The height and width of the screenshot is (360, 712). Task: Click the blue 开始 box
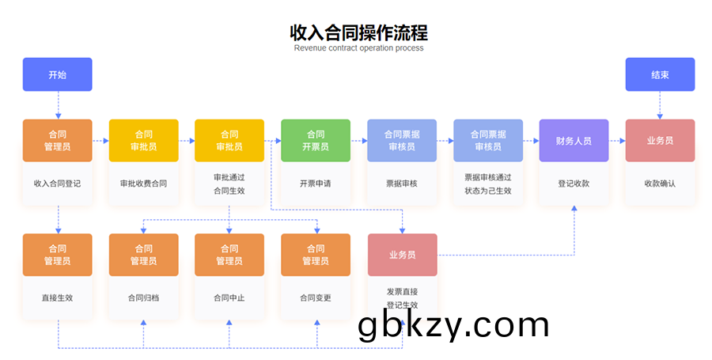coord(58,74)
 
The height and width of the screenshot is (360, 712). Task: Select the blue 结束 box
coord(660,74)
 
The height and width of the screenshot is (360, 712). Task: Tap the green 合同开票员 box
coord(316,140)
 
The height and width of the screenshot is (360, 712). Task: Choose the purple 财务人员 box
coord(574,140)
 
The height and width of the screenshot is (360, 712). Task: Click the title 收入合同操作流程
coord(358,32)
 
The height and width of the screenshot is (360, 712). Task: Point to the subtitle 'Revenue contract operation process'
coord(358,48)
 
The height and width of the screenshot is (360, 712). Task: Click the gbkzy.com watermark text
coord(453,325)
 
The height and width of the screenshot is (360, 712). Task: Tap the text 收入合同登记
coord(58,184)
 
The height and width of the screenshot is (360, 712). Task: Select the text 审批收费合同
coord(143,184)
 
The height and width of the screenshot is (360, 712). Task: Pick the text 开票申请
coord(316,184)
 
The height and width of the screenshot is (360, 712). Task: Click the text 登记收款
coord(574,184)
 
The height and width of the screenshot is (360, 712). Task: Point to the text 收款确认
coord(660,184)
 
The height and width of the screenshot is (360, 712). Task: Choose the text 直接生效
coord(58,298)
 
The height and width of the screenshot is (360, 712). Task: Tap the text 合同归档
coord(143,298)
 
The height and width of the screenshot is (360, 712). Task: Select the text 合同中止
coord(229,298)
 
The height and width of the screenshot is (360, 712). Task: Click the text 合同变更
coord(316,298)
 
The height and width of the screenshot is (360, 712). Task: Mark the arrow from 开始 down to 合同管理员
coord(58,104)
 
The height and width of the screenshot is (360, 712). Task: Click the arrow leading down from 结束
coord(660,104)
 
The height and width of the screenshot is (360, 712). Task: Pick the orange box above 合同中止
coord(229,255)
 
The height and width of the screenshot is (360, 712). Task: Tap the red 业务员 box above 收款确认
coord(660,140)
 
